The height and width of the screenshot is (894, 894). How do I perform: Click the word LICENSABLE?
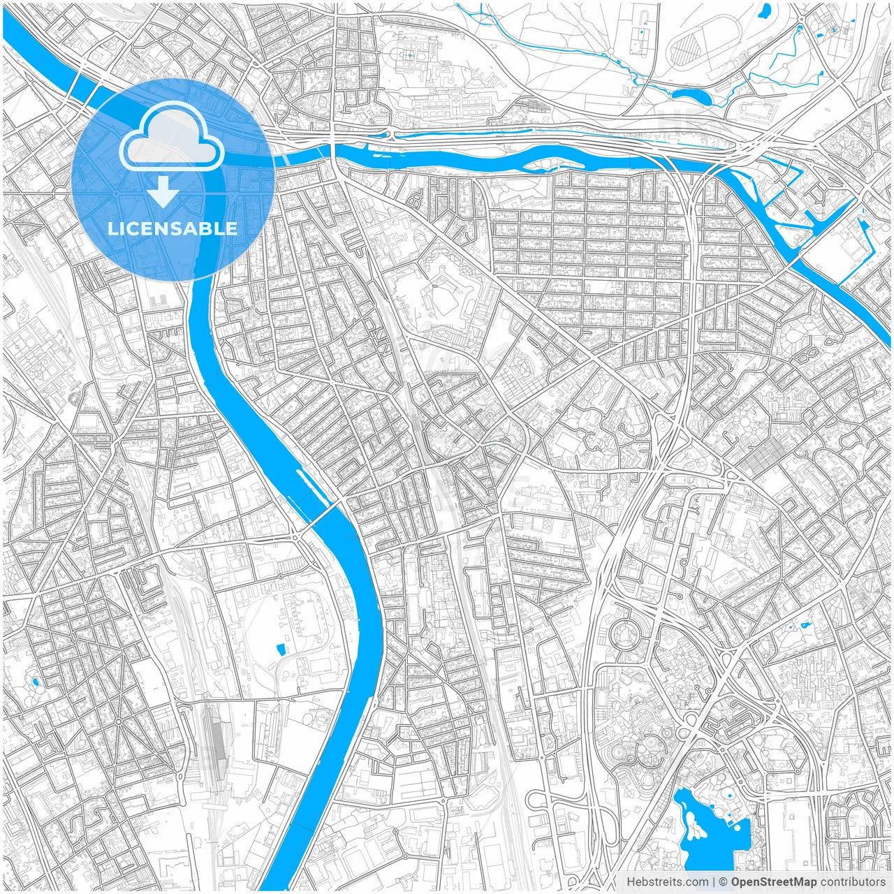tap(173, 228)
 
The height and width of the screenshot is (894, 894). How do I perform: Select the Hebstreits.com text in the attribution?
tap(666, 882)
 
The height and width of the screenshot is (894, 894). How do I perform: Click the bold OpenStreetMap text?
tap(774, 882)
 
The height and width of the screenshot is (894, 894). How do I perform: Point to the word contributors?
tap(853, 882)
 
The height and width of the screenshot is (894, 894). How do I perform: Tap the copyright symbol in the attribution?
tap(724, 882)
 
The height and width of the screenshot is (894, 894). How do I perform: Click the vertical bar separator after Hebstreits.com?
tap(714, 882)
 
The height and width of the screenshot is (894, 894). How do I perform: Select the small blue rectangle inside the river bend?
tap(281, 650)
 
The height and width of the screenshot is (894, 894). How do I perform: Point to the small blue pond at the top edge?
tap(765, 10)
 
